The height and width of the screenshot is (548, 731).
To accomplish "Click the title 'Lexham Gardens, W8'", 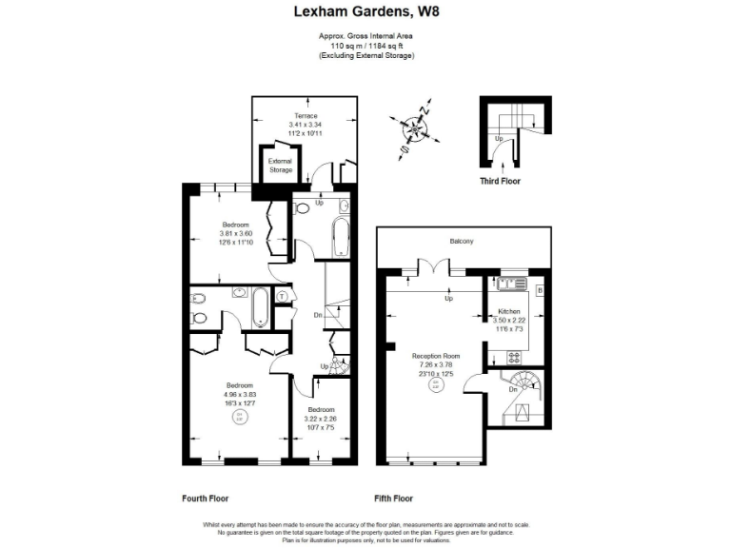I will [x=365, y=12].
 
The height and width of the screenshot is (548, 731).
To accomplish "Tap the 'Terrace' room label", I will [x=305, y=116].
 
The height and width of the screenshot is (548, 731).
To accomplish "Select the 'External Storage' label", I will [x=280, y=166].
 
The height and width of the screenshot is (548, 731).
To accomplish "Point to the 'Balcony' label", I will [x=462, y=242].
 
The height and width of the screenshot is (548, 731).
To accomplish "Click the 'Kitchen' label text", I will [x=509, y=312].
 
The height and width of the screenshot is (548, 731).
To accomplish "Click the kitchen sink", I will [x=509, y=283].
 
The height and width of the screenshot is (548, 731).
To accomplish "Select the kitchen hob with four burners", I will [x=514, y=358].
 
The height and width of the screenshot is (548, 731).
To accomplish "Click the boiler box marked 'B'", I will [x=540, y=289].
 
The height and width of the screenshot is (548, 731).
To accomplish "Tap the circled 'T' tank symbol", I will [x=282, y=297].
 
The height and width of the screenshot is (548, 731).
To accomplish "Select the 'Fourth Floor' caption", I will [x=205, y=498].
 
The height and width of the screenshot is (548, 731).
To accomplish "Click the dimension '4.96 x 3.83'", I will [x=239, y=394].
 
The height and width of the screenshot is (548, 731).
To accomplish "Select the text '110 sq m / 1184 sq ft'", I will [x=365, y=47].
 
